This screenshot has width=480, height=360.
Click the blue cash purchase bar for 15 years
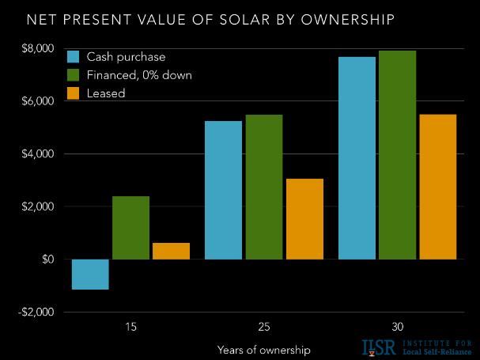(x=89, y=275)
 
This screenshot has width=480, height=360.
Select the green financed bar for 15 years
(x=130, y=228)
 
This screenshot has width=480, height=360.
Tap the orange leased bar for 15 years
(x=171, y=251)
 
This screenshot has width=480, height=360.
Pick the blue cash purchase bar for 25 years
(x=223, y=190)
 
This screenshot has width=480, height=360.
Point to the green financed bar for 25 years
(x=263, y=187)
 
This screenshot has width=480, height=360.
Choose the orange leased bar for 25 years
(x=304, y=219)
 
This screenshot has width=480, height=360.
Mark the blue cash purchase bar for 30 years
(x=357, y=158)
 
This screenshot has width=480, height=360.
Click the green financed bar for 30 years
(x=397, y=155)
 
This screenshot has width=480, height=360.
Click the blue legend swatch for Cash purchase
(x=74, y=57)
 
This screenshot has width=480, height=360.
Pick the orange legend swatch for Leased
(x=74, y=93)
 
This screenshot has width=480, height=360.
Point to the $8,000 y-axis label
(x=38, y=49)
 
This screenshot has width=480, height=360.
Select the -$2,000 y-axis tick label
(x=36, y=312)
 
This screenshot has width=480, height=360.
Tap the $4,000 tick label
(x=38, y=154)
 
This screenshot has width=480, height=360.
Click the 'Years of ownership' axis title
(x=263, y=349)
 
